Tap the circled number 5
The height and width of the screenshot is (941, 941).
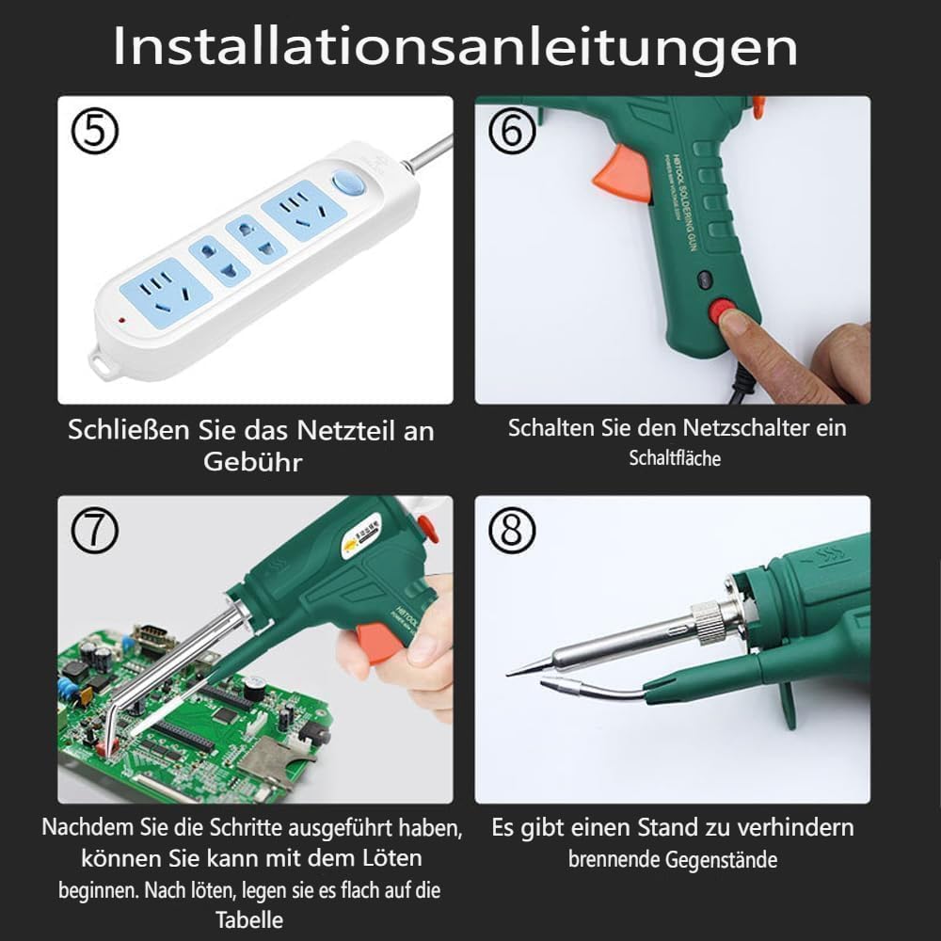[x=96, y=133]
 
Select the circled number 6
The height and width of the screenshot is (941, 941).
[x=512, y=132]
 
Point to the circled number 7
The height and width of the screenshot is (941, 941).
[x=96, y=533]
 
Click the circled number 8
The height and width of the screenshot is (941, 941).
[x=512, y=533]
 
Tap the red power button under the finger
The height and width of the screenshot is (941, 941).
[x=725, y=311]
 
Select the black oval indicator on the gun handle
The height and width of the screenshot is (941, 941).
[x=704, y=279]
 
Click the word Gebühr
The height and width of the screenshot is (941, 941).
[x=250, y=463]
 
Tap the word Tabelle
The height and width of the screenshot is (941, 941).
[x=249, y=919]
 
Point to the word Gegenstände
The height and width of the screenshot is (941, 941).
[x=721, y=859]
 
